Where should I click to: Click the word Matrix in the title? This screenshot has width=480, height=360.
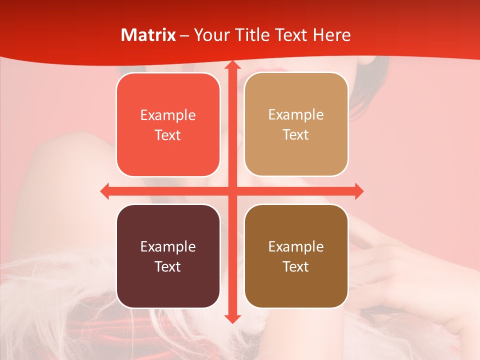[x=148, y=35]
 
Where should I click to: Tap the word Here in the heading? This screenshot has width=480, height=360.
[x=331, y=35]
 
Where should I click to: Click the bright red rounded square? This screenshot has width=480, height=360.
[x=168, y=124]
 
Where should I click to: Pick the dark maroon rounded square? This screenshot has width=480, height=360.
[x=168, y=256]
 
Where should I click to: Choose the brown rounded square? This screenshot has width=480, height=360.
[x=296, y=256]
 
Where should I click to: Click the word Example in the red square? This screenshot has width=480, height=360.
[x=168, y=115]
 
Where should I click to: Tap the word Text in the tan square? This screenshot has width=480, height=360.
[x=296, y=134]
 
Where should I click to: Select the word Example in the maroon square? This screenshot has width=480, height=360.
[x=168, y=247]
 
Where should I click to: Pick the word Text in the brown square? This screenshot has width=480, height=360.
[x=296, y=266]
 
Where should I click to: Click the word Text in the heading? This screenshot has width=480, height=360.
[x=291, y=35]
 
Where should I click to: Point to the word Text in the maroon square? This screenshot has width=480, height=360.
[x=168, y=266]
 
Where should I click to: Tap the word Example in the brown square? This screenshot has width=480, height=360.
[x=296, y=247]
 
